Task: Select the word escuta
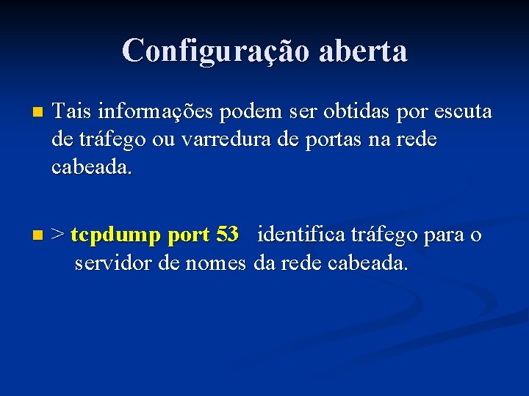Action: (x=463, y=112)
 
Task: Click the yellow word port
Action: (x=189, y=236)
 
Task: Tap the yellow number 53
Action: (x=228, y=235)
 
